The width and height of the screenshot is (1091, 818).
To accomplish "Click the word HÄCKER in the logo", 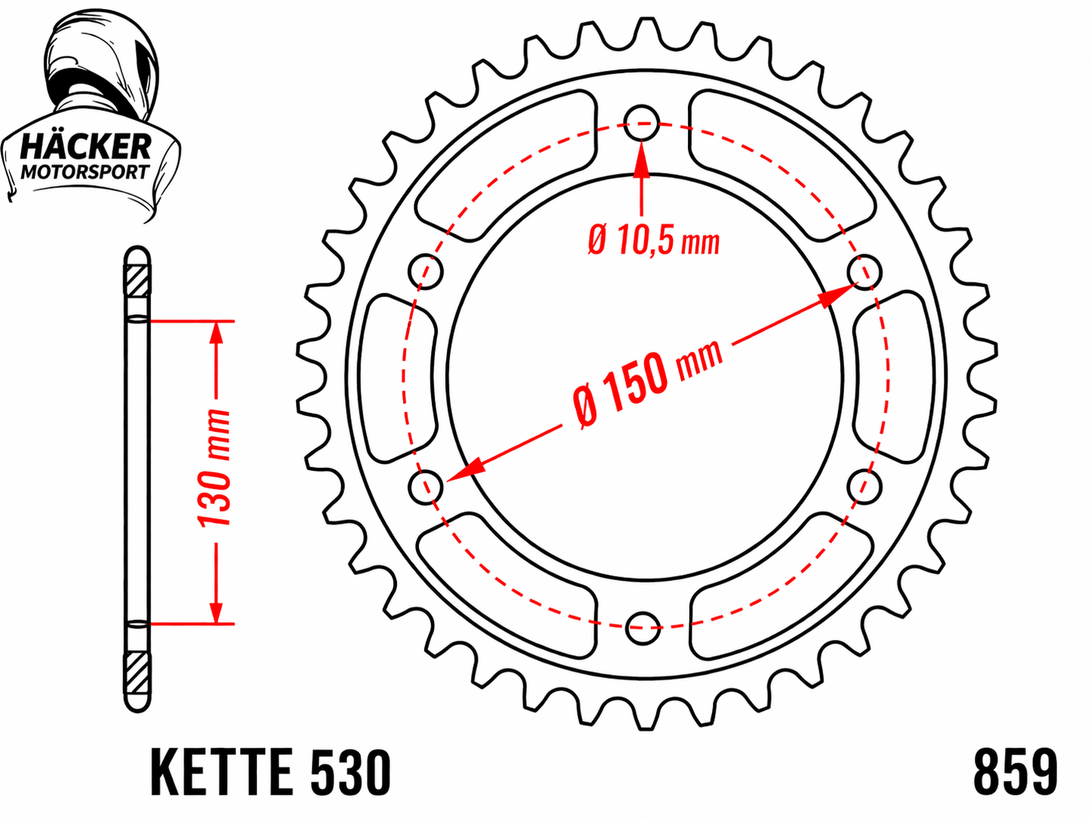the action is (x=85, y=147).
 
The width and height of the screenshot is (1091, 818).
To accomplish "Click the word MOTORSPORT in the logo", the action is (x=85, y=172).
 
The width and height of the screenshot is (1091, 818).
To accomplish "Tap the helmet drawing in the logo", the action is (x=102, y=67).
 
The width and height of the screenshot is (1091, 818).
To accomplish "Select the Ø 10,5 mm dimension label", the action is (x=654, y=241).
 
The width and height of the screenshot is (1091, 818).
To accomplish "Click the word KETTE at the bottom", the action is (x=221, y=772).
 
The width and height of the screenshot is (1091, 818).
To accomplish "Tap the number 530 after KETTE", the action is (x=350, y=772).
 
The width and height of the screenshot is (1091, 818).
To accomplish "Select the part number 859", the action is (x=1015, y=772).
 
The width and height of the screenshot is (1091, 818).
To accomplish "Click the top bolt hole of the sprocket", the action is (x=642, y=123).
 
